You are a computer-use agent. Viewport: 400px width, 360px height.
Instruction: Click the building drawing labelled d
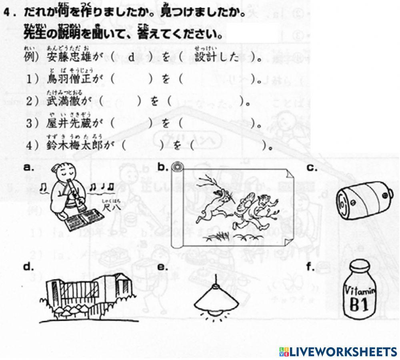click(88, 297)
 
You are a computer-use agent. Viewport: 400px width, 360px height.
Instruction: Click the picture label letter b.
click(161, 167)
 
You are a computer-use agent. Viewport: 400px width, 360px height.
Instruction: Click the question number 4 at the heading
click(7, 12)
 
